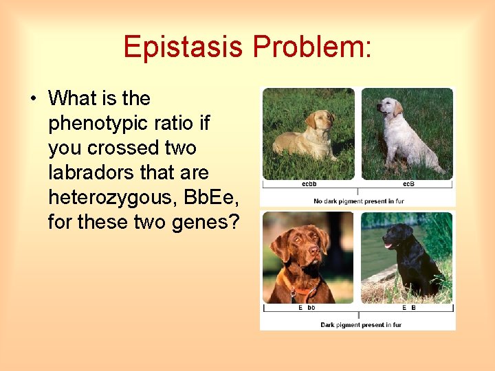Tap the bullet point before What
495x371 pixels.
click(x=34, y=99)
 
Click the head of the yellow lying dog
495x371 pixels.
click(x=321, y=120)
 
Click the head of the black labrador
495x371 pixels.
click(x=398, y=236)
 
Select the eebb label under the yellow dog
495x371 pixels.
click(x=309, y=184)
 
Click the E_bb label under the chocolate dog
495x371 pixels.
click(x=307, y=308)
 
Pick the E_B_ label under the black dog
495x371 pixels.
click(x=408, y=308)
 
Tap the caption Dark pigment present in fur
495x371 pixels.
click(x=360, y=324)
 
